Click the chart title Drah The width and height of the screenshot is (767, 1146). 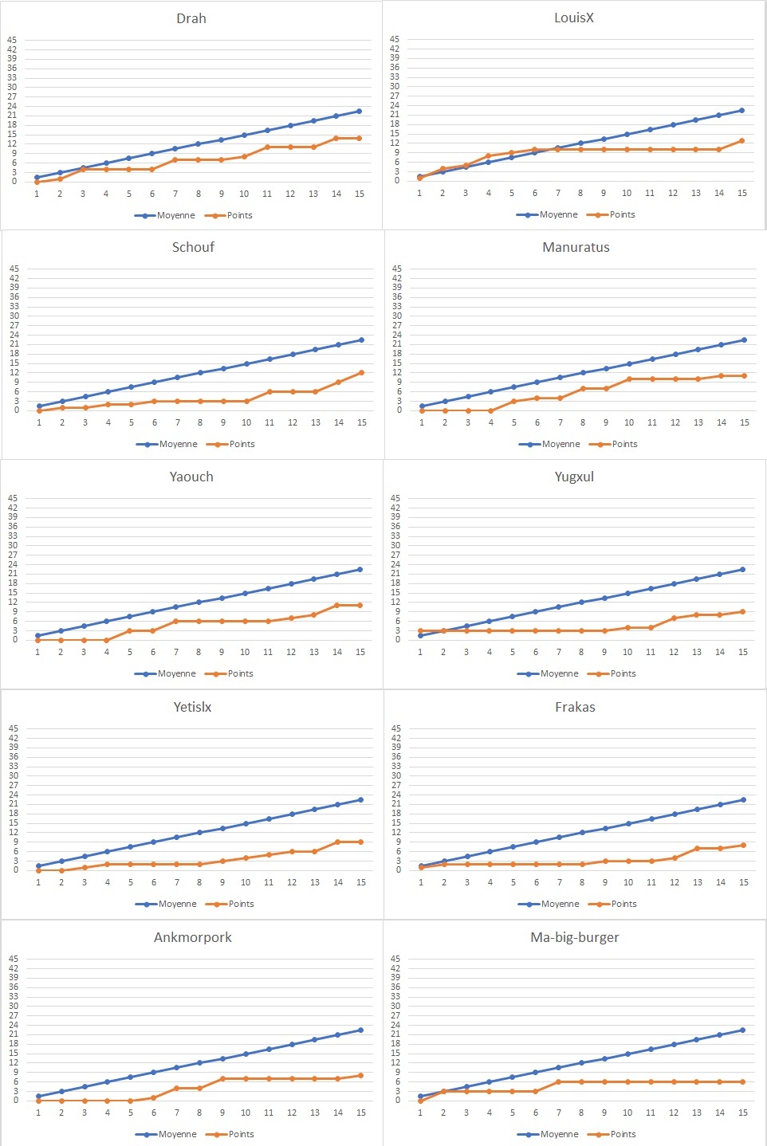point(191,18)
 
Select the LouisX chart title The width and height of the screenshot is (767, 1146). point(574,18)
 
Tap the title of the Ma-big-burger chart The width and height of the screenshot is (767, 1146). point(575,937)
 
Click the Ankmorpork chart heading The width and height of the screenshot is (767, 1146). point(193,937)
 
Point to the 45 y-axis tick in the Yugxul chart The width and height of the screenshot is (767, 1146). point(395,498)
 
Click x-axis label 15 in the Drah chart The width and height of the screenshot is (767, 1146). point(360,194)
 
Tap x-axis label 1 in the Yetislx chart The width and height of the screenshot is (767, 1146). point(38,882)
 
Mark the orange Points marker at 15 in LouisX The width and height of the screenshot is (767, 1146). point(742,140)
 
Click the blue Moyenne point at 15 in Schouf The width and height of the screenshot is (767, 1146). point(362,340)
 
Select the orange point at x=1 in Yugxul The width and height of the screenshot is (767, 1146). point(420,631)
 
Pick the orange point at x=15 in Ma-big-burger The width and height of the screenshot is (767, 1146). point(743,1081)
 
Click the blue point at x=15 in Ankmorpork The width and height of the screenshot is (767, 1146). point(361,1030)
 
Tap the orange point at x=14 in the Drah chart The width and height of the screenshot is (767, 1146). point(336,138)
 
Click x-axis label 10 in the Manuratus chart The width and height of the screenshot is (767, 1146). point(629,422)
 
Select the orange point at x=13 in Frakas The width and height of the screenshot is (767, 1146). point(698,849)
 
